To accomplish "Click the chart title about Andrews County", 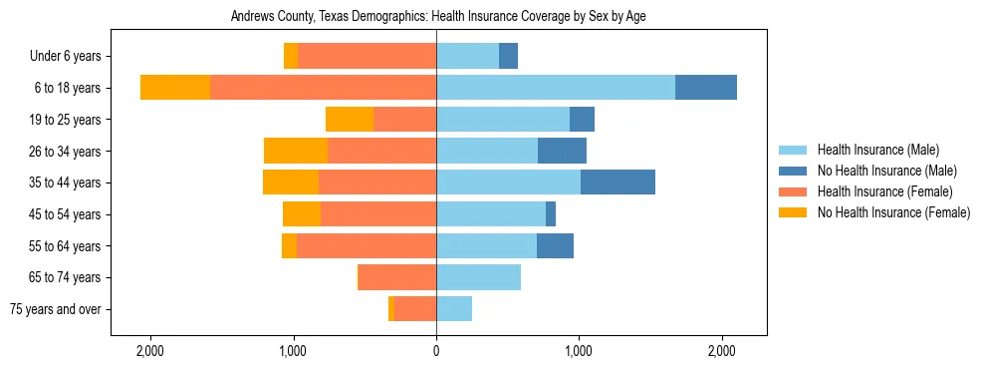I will (x=438, y=17).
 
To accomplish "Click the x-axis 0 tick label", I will (x=436, y=351).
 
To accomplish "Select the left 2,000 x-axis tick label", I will (x=150, y=351).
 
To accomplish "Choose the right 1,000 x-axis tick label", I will (x=579, y=351).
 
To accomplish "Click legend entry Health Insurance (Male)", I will (x=877, y=150).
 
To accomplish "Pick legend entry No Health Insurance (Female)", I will (x=893, y=212).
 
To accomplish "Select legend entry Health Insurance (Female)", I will (x=884, y=191).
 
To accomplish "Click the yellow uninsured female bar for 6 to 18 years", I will (x=175, y=88).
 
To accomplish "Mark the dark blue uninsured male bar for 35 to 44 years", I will (x=617, y=183).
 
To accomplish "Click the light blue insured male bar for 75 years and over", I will (x=454, y=309).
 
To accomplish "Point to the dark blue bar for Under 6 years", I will (x=508, y=57).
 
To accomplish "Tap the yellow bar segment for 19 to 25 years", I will (x=350, y=120).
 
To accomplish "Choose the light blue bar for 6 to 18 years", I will (x=556, y=88).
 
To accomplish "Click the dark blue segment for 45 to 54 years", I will (x=551, y=214).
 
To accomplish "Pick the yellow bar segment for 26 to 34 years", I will (x=296, y=151).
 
